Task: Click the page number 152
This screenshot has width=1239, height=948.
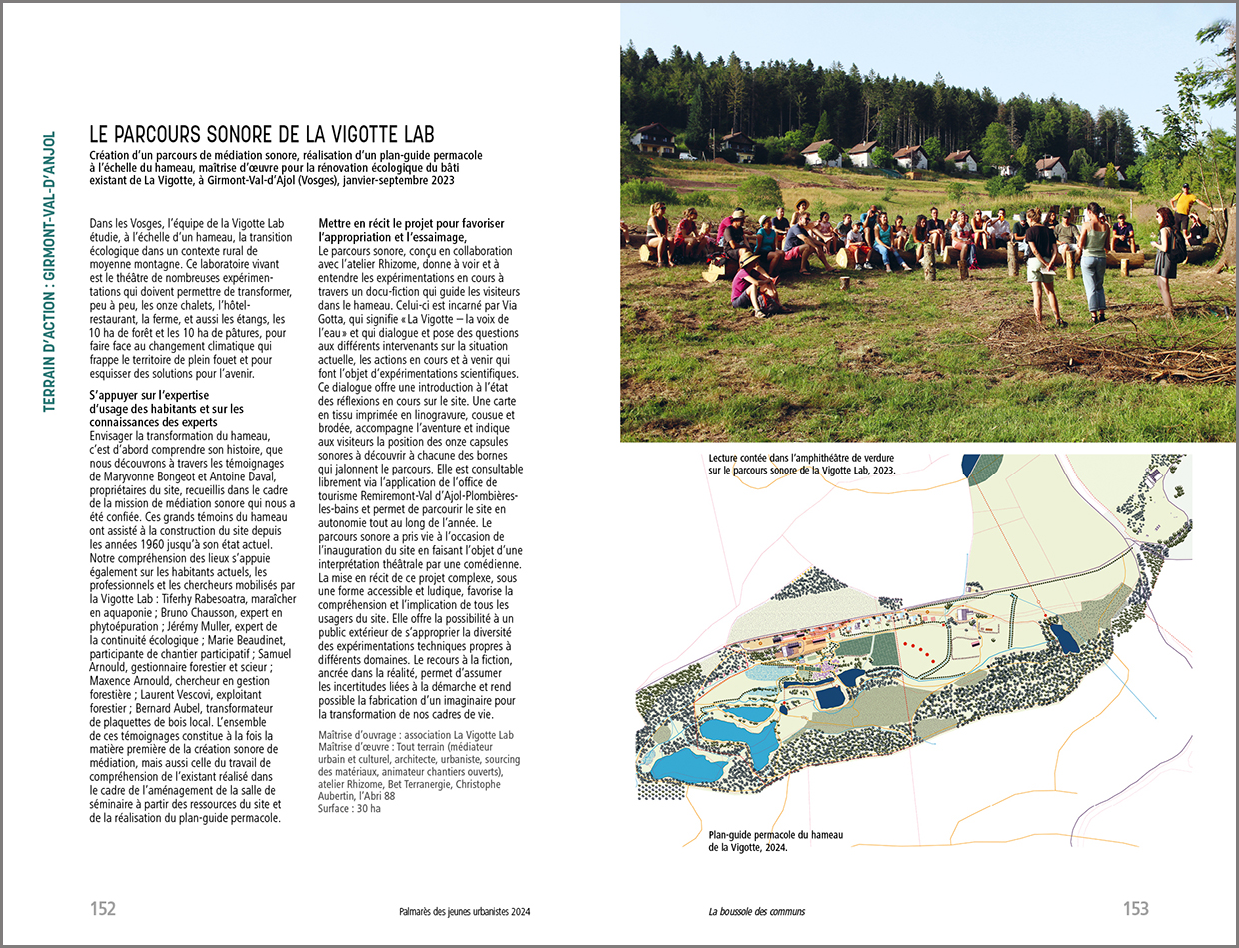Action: click(x=103, y=909)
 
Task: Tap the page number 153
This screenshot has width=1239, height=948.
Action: click(x=1135, y=909)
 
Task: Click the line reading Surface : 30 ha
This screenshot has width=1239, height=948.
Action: click(x=349, y=808)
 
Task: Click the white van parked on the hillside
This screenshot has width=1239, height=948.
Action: click(x=686, y=156)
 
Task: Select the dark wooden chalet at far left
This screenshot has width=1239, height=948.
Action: click(x=654, y=138)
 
